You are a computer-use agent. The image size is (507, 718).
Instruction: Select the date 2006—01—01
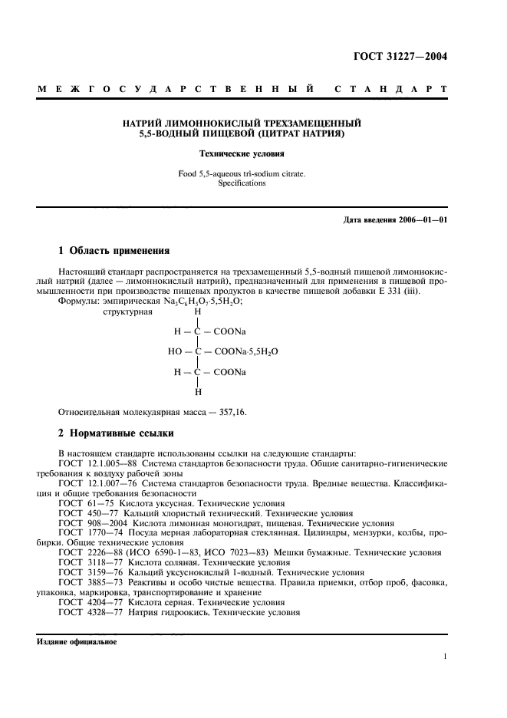(x=422, y=221)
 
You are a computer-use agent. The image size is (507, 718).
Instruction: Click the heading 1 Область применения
(x=114, y=251)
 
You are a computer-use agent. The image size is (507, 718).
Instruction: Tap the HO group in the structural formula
(x=175, y=351)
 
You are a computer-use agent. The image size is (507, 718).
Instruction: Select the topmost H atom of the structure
(x=198, y=311)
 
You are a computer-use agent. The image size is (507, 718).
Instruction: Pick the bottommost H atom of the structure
(x=198, y=391)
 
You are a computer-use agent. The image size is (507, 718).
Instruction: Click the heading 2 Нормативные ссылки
(x=117, y=433)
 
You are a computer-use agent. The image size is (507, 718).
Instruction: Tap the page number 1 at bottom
(x=445, y=657)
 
